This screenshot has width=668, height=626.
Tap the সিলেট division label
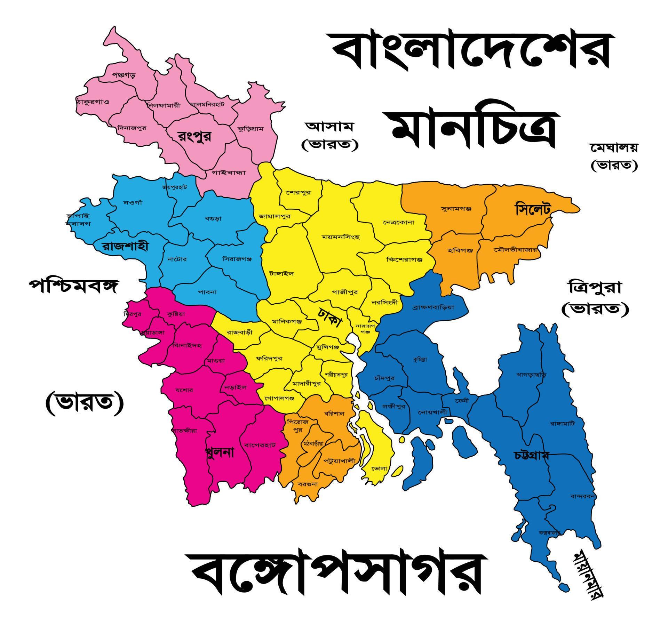[532, 210]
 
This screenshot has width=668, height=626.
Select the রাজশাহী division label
[125, 246]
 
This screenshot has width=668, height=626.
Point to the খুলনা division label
[220, 452]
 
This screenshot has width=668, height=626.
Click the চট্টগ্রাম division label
[531, 456]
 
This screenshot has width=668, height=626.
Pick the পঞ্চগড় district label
[124, 75]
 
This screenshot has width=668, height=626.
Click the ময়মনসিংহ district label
[341, 237]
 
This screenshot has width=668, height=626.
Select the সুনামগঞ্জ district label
[456, 209]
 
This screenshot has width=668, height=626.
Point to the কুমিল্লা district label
[420, 359]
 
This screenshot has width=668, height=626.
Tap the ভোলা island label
[379, 468]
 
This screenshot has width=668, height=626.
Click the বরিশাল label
[334, 414]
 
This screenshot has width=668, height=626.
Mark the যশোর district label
[184, 390]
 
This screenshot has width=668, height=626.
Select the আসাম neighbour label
[329, 127]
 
